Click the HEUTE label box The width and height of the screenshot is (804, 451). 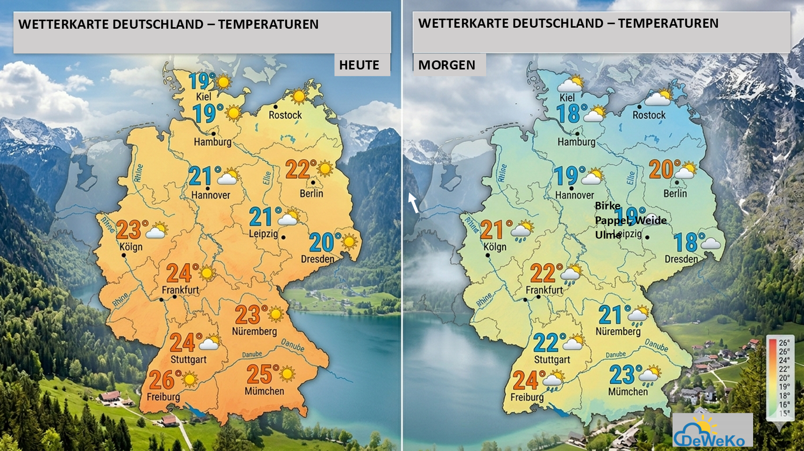click(x=359, y=65)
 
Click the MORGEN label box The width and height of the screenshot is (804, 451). click(x=447, y=65)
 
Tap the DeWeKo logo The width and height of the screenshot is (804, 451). click(x=712, y=431)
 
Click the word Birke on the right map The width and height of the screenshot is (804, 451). click(x=608, y=206)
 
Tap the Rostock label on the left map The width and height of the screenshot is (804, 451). click(x=285, y=115)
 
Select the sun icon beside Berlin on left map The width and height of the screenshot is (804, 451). click(x=325, y=169)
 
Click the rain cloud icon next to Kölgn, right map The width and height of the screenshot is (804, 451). click(x=523, y=231)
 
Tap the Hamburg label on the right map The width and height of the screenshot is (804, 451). click(x=576, y=142)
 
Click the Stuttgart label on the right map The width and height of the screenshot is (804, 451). click(x=552, y=360)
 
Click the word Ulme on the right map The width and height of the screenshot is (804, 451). click(x=608, y=235)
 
